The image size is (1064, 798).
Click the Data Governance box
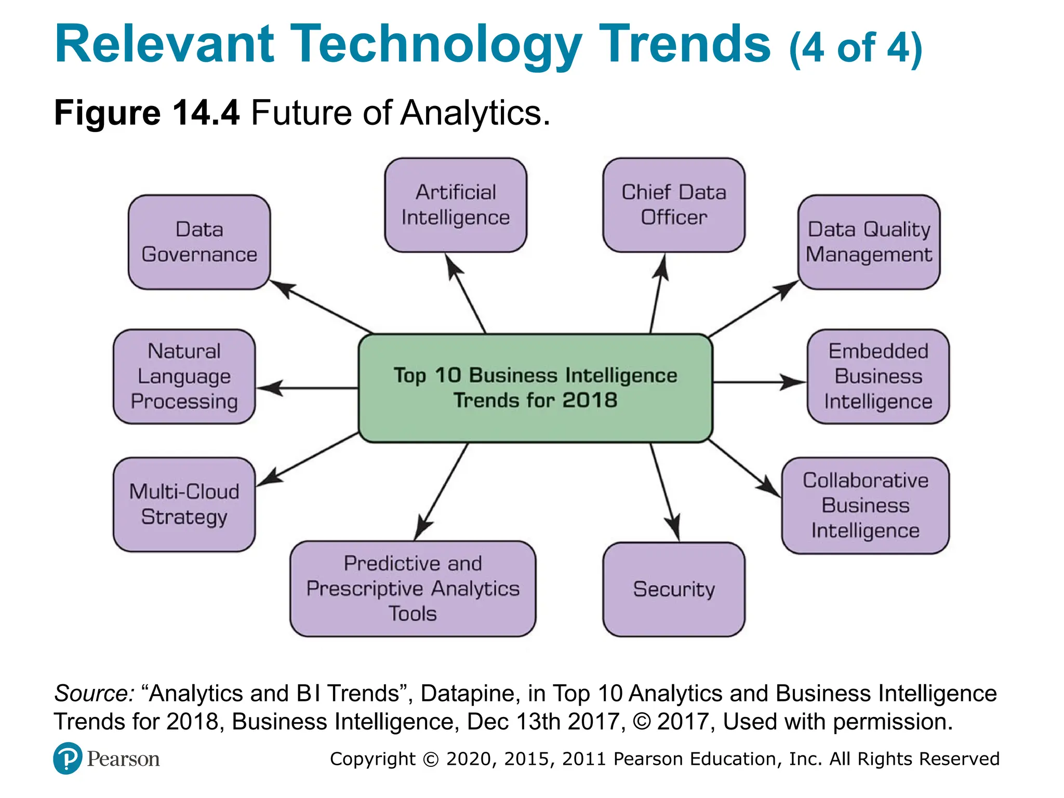(x=199, y=242)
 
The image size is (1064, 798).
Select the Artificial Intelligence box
(x=456, y=205)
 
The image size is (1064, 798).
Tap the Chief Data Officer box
(x=673, y=205)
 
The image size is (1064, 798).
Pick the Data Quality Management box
(x=869, y=242)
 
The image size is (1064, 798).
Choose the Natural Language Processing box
(x=184, y=377)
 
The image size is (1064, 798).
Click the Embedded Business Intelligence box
(x=878, y=377)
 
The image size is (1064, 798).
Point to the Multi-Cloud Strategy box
(x=184, y=504)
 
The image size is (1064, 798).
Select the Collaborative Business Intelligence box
(x=865, y=506)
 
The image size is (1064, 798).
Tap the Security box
(x=673, y=589)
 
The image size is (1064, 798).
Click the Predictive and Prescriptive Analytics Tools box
(x=413, y=589)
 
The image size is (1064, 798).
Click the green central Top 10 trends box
(x=535, y=388)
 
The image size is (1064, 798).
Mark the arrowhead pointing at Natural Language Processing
(x=269, y=388)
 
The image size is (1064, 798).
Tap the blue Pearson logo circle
(x=67, y=759)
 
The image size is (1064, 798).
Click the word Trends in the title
(x=685, y=44)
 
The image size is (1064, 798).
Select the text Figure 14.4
(x=147, y=113)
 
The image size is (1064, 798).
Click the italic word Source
(x=94, y=694)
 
